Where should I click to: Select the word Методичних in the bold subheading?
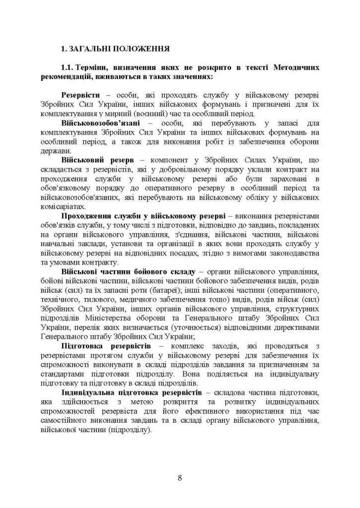coord(295,68)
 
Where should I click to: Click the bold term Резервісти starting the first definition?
coord(80,95)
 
